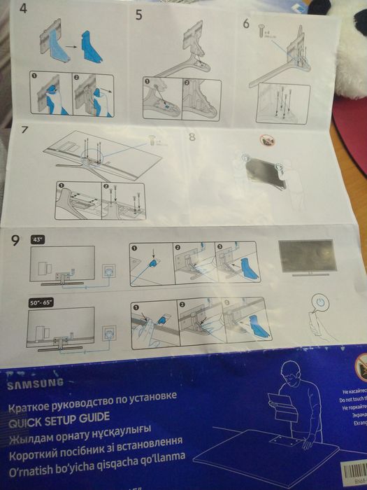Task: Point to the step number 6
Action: click(245, 22)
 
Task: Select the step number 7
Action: click(24, 130)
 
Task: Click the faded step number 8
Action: click(192, 136)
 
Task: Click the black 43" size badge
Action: click(38, 239)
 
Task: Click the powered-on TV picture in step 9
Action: click(305, 258)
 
